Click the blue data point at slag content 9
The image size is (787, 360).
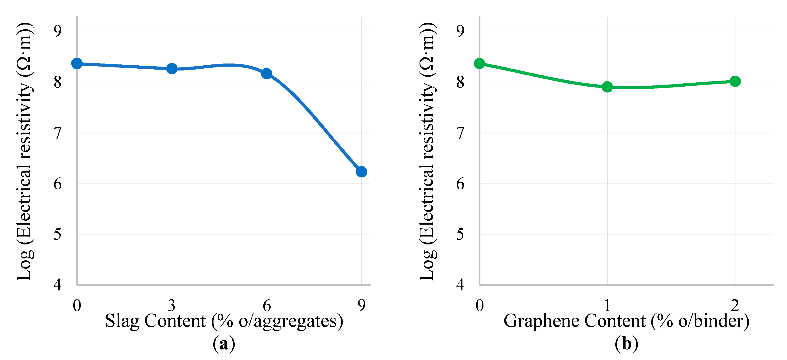point(361,172)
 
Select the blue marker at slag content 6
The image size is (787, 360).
point(267,74)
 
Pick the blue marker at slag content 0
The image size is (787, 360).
point(77,64)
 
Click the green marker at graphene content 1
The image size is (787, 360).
point(607,87)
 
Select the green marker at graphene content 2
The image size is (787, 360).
point(735,81)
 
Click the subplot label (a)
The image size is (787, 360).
point(224,344)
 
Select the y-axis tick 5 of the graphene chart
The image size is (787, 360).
point(460,234)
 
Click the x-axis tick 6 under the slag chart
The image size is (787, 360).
point(267,305)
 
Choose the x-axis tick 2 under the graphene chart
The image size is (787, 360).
point(735,305)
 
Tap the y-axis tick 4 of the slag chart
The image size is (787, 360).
point(57,285)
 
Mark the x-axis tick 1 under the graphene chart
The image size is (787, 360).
point(607,305)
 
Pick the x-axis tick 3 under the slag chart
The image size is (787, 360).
point(172,305)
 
